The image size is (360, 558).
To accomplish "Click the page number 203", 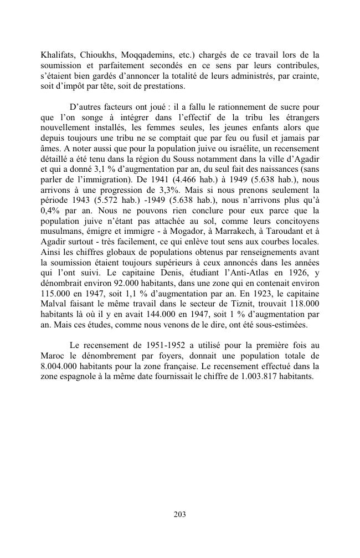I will (x=179, y=514).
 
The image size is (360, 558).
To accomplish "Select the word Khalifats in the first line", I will (x=57, y=55).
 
